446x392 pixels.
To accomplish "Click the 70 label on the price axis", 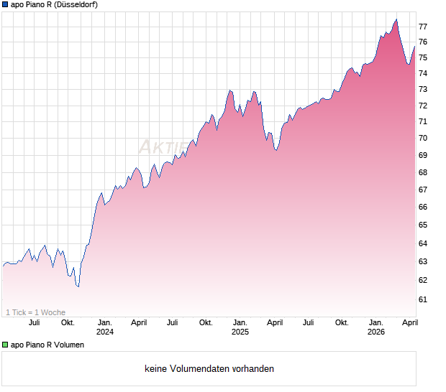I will [424, 138].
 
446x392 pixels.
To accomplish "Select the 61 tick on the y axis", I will [424, 299].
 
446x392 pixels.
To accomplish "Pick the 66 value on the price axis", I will [424, 207].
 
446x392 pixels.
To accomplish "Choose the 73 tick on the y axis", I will [424, 89].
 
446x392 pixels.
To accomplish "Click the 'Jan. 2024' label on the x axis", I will [105, 327].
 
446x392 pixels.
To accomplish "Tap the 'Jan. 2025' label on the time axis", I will [240, 327].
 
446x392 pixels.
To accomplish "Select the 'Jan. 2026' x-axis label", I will [376, 327].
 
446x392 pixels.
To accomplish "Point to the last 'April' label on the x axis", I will [409, 323].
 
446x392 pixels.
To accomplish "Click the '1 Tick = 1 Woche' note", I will [36, 312].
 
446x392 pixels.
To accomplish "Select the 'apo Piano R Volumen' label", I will [47, 345].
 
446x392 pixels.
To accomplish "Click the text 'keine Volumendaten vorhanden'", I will [209, 369].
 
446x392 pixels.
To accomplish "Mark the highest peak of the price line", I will [396, 19].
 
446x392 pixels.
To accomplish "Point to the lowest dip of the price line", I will [78, 286].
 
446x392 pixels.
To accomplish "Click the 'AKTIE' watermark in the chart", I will [162, 147].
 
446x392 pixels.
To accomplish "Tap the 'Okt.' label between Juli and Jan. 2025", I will [206, 323].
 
